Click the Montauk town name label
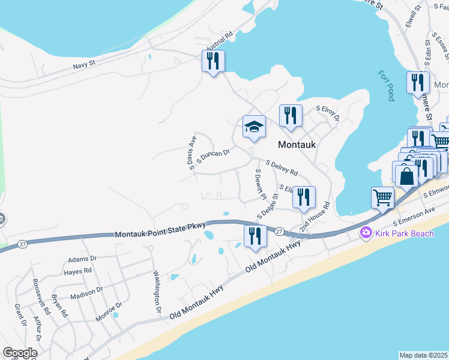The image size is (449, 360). pyautogui.click(x=297, y=145)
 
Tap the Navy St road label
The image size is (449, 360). pyautogui.click(x=84, y=65)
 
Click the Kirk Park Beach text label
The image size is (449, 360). pyautogui.click(x=403, y=233)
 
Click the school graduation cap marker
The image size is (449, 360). pyautogui.click(x=253, y=127)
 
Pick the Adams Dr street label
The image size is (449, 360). pyautogui.click(x=82, y=259)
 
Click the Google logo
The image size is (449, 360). pyautogui.click(x=20, y=353)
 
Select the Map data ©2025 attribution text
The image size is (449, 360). pyautogui.click(x=424, y=355)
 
